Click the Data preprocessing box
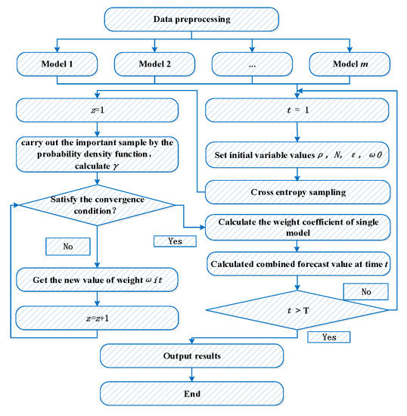coord(191,20)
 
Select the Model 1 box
coord(57,64)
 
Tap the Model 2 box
coord(154,64)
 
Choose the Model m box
coord(350,64)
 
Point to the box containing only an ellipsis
coord(252,64)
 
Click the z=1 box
coord(98,110)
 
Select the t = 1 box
coord(297,110)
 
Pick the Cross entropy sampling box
coord(298,192)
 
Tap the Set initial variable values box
coord(297,155)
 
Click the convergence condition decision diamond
coord(98,205)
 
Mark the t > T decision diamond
coord(297,310)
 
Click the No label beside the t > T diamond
coord(366,292)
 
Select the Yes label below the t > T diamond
coord(329,337)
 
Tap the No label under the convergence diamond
coord(68,247)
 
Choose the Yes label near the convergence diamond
coord(175,241)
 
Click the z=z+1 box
coord(98,318)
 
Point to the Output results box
coord(192,355)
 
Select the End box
coord(192,394)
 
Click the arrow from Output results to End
coord(192,375)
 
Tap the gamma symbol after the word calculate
coord(116,166)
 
